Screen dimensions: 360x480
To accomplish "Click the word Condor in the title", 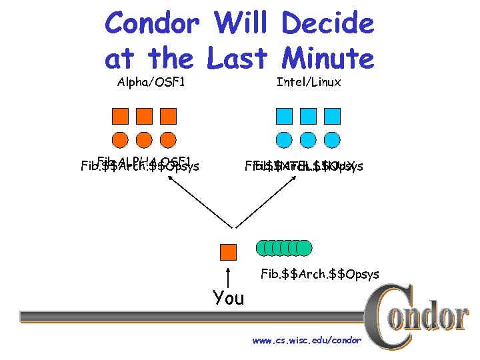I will [153, 24].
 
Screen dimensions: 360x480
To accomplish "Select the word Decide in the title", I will [327, 24].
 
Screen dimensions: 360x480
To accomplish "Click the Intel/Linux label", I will [309, 83].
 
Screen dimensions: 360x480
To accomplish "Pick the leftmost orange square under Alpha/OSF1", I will [120, 116].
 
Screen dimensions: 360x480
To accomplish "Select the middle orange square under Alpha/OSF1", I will [144, 116].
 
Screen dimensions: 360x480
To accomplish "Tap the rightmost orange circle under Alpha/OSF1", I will [168, 140].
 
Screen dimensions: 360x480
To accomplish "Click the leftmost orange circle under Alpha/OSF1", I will [120, 140].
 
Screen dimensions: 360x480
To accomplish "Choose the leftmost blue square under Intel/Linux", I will [284, 116].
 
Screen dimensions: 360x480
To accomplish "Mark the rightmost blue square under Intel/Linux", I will [332, 116].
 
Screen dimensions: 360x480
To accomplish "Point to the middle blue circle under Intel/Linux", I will [308, 140].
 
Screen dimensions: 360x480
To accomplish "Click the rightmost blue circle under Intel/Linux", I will [332, 140].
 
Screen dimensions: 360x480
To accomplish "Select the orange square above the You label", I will [228, 251].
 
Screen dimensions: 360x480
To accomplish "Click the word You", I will [229, 298].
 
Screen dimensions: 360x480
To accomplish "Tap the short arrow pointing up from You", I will [229, 277].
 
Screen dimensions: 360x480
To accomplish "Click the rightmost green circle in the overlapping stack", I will [305, 248].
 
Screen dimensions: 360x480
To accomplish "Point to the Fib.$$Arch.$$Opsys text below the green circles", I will [320, 274].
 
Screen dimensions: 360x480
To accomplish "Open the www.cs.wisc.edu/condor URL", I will [306, 341].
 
